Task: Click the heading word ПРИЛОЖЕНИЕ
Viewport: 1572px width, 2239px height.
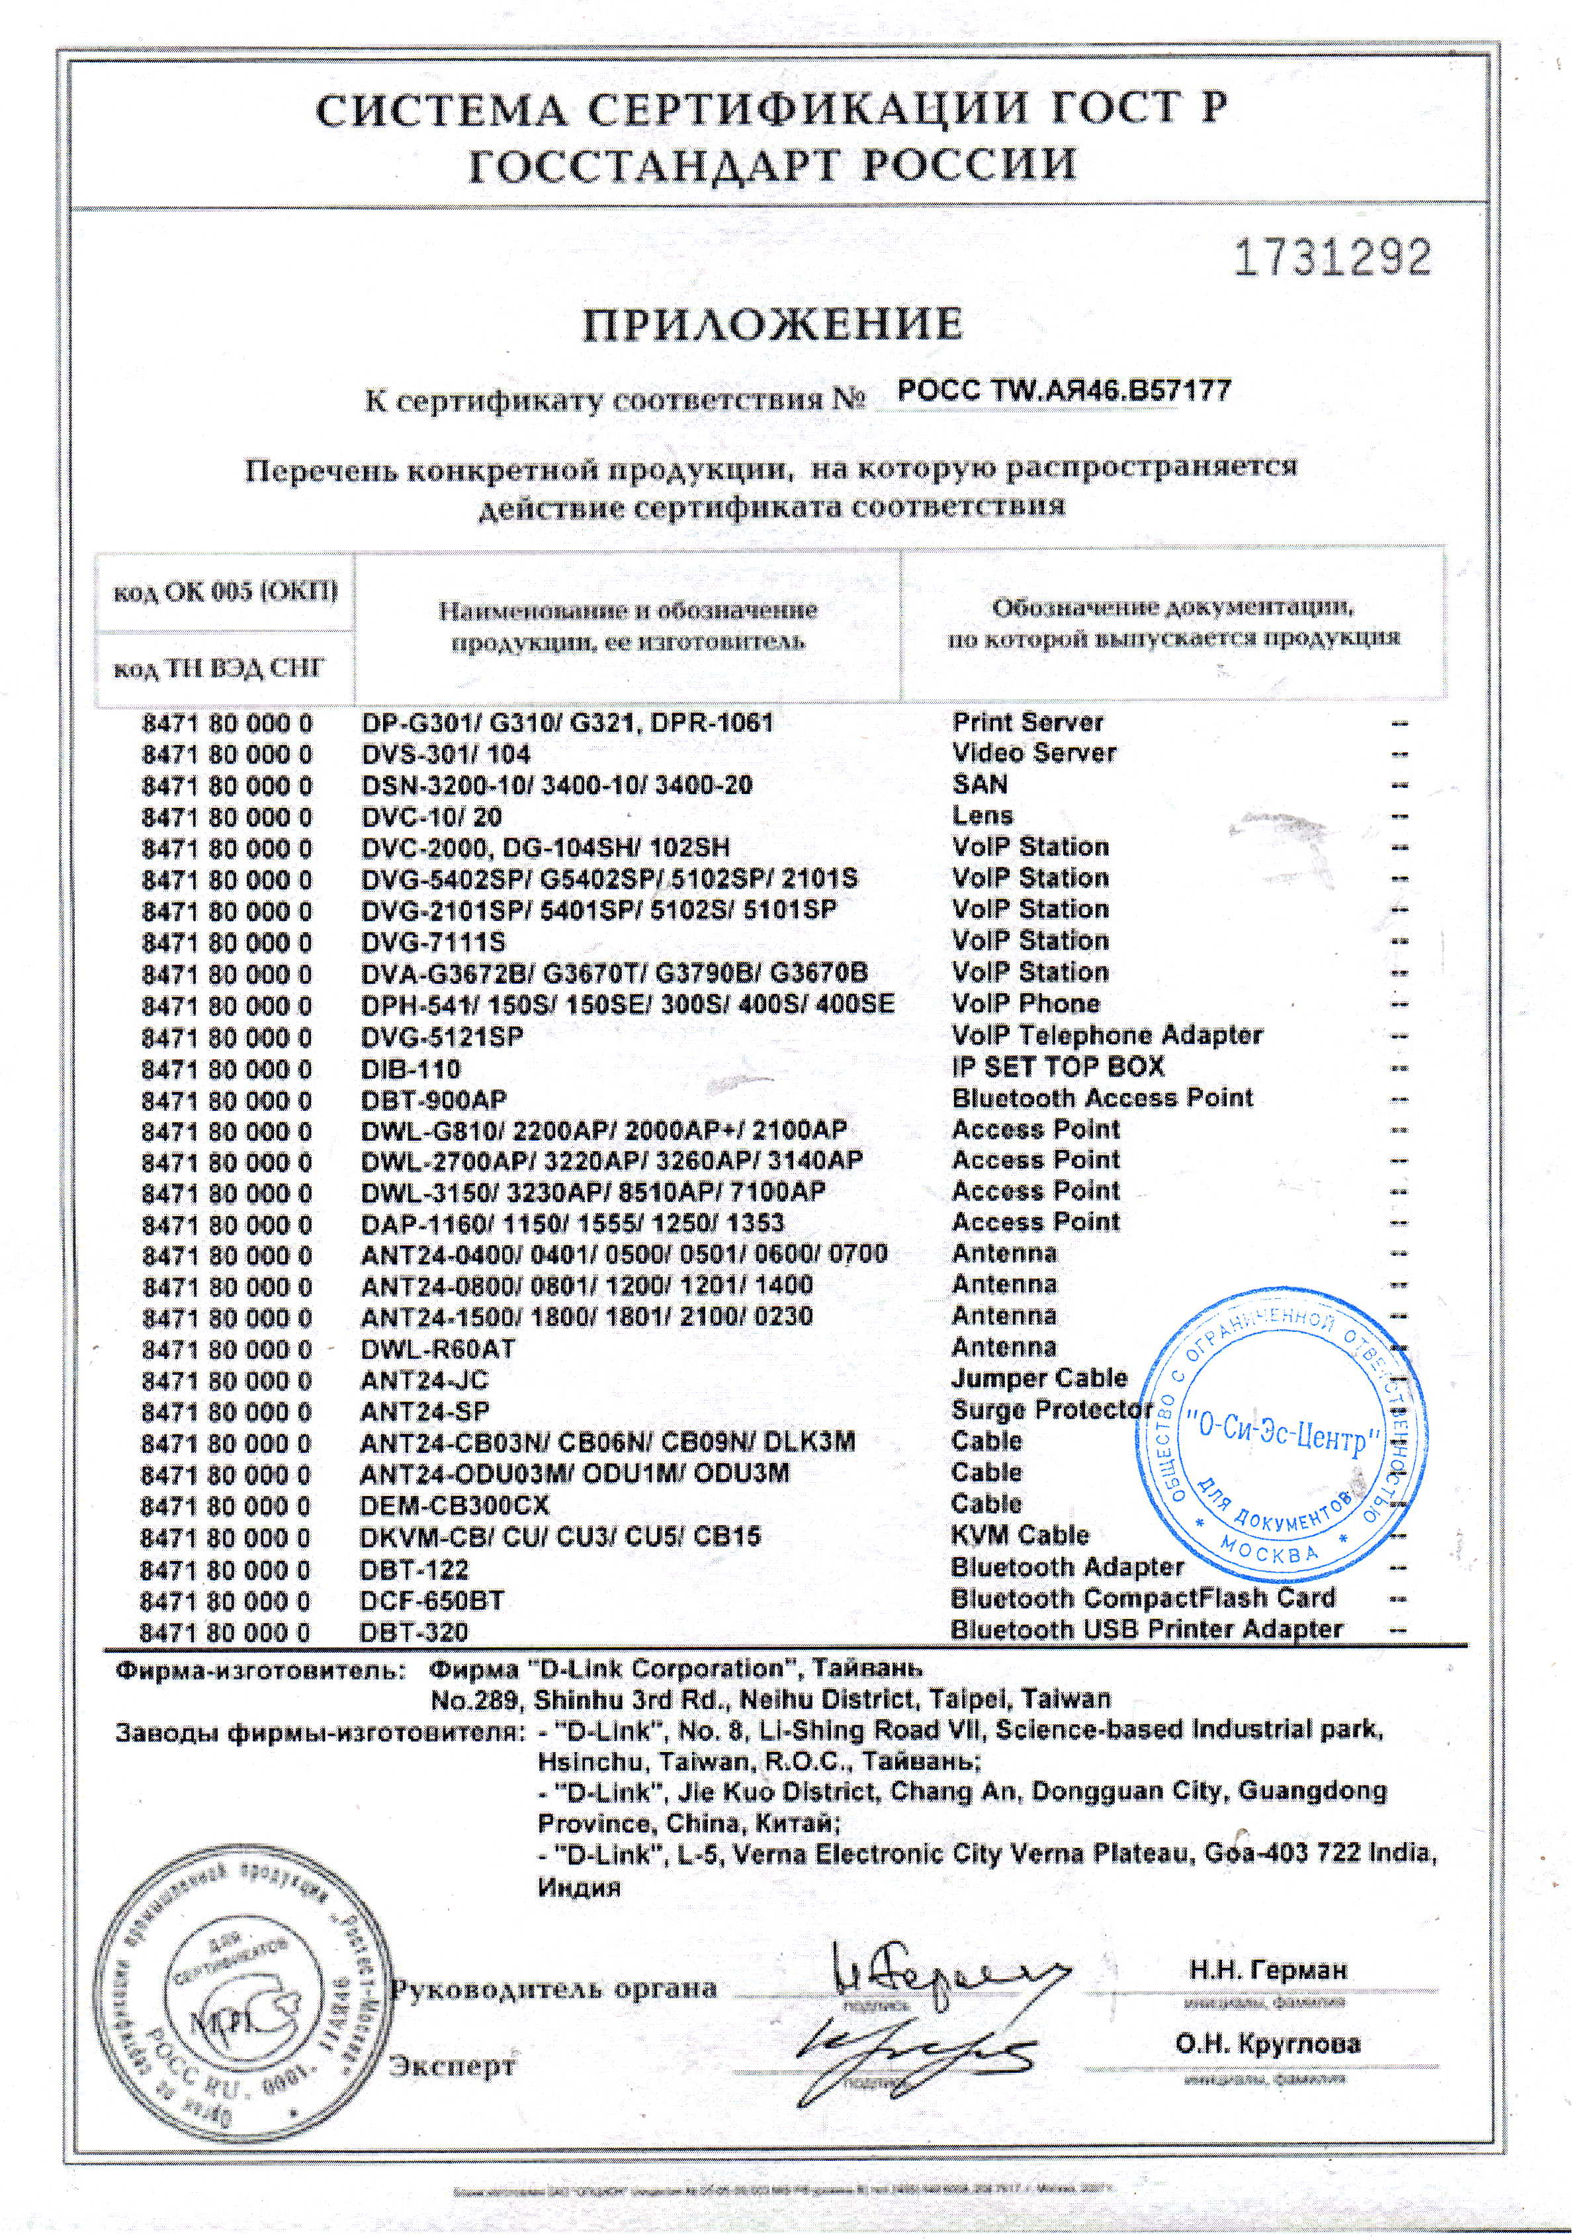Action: [x=772, y=326]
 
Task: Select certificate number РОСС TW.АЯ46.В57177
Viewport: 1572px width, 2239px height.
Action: [x=1063, y=392]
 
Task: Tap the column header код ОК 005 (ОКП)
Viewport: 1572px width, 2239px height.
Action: [x=225, y=592]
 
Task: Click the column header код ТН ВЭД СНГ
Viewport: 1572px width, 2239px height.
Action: [x=220, y=668]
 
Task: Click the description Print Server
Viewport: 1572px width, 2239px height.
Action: [x=1027, y=723]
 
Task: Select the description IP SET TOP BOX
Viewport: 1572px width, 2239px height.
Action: [x=1057, y=1067]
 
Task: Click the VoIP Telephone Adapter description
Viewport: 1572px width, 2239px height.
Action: [x=1107, y=1035]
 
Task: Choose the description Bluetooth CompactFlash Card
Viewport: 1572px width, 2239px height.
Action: [x=1142, y=1599]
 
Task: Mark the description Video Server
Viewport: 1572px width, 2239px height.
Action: [x=1033, y=754]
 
